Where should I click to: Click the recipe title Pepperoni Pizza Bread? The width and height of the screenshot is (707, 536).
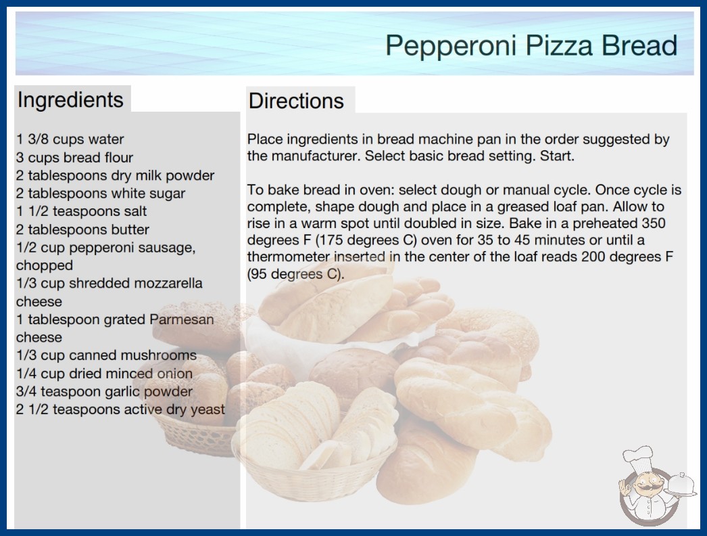(531, 46)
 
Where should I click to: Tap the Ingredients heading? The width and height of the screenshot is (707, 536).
(70, 99)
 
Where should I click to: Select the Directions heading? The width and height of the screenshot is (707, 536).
(296, 101)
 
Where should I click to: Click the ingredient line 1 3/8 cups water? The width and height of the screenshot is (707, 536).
(70, 139)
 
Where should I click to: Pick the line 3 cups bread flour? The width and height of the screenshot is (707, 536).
(74, 157)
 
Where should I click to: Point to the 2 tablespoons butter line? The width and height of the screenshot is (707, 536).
(82, 229)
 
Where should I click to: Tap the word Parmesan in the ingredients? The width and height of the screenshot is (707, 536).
(181, 319)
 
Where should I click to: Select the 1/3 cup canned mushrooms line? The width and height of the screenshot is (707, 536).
(106, 355)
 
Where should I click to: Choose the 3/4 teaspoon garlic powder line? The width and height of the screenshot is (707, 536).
(104, 391)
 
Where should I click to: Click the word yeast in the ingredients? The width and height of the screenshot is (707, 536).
(208, 410)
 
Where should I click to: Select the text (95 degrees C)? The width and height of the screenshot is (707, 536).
(295, 274)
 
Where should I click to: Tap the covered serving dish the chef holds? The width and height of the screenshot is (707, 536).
(681, 485)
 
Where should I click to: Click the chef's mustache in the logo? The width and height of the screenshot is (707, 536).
(645, 489)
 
